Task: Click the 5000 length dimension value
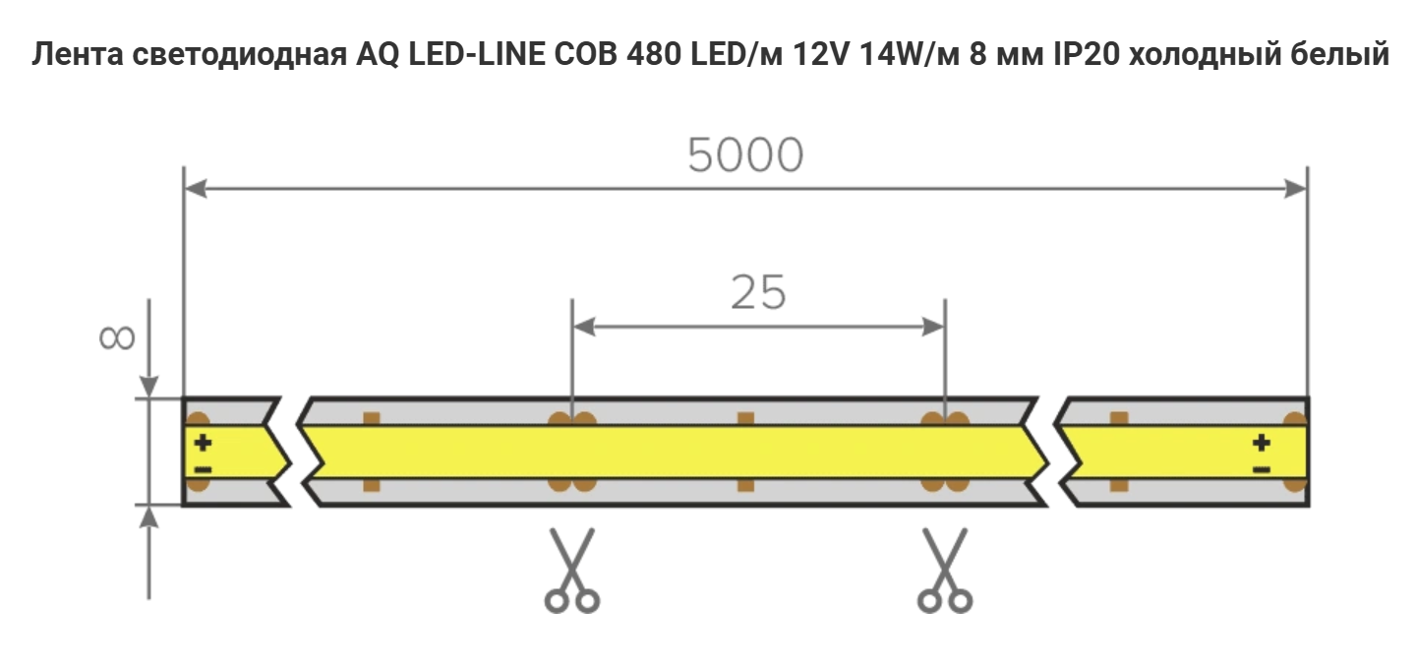[x=745, y=155]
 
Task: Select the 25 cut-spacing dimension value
[x=758, y=293]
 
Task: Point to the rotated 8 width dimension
[x=117, y=337]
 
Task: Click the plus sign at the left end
[x=203, y=443]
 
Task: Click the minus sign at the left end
[x=203, y=469]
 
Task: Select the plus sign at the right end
[x=1262, y=443]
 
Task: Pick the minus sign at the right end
[x=1262, y=469]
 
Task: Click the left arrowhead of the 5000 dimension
[x=195, y=189]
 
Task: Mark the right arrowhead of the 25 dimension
[x=934, y=327]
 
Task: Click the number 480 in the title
[x=652, y=55]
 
